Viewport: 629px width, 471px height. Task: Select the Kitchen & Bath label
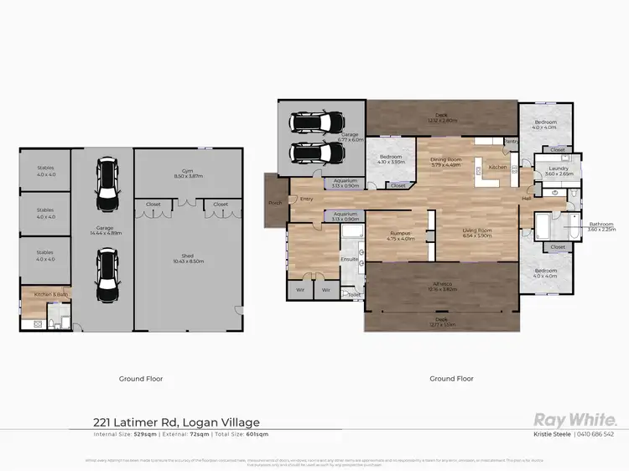point(44,295)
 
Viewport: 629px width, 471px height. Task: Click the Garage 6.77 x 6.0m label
point(350,137)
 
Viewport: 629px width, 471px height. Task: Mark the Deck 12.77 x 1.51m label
point(441,322)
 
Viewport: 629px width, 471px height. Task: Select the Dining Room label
point(446,162)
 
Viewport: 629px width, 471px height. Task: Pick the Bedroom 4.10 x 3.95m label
point(391,159)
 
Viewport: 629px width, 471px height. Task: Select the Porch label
point(275,202)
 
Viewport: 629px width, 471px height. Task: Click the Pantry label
point(509,142)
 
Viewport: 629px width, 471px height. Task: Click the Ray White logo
point(574,420)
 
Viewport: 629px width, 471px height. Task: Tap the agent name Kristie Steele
point(553,434)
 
